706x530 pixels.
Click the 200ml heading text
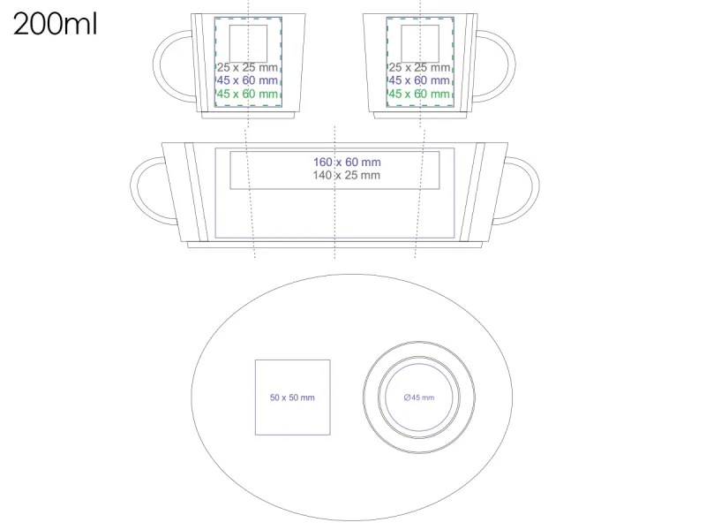(55, 24)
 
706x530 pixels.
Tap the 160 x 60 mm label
(347, 163)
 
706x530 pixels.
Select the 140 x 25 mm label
(346, 175)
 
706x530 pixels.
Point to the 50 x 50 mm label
(292, 397)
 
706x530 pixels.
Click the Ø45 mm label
(418, 397)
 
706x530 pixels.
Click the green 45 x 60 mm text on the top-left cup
(247, 94)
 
